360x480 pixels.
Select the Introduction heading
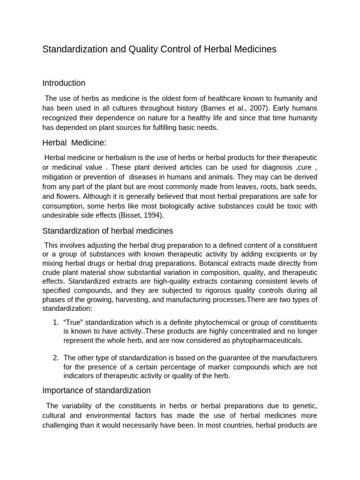pos(64,83)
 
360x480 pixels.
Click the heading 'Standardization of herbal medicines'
pos(108,231)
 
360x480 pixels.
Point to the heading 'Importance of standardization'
pos(97,390)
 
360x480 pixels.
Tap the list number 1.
pos(55,322)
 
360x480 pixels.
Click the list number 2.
pos(55,358)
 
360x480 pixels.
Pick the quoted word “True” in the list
pos(73,322)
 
